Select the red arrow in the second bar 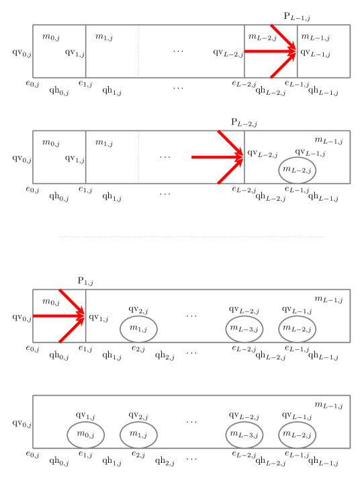click(x=217, y=157)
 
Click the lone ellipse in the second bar click(x=298, y=170)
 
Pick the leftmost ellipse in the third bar click(x=138, y=329)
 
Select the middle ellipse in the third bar click(x=244, y=329)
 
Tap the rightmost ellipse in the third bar click(x=298, y=329)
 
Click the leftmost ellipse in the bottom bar click(x=86, y=435)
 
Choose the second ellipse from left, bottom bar click(x=138, y=435)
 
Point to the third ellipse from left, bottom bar click(x=244, y=435)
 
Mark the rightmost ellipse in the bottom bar click(x=298, y=435)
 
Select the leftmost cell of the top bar click(x=59, y=51)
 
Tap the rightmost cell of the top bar click(x=324, y=51)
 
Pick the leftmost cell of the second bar click(x=59, y=157)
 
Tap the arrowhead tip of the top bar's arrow click(x=296, y=51)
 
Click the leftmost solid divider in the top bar click(x=86, y=51)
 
